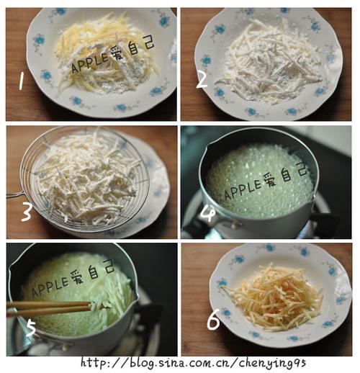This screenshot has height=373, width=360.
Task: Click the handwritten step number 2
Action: tap(202, 79)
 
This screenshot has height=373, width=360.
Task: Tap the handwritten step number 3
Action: tap(26, 212)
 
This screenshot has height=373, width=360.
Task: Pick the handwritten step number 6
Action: tap(214, 321)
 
